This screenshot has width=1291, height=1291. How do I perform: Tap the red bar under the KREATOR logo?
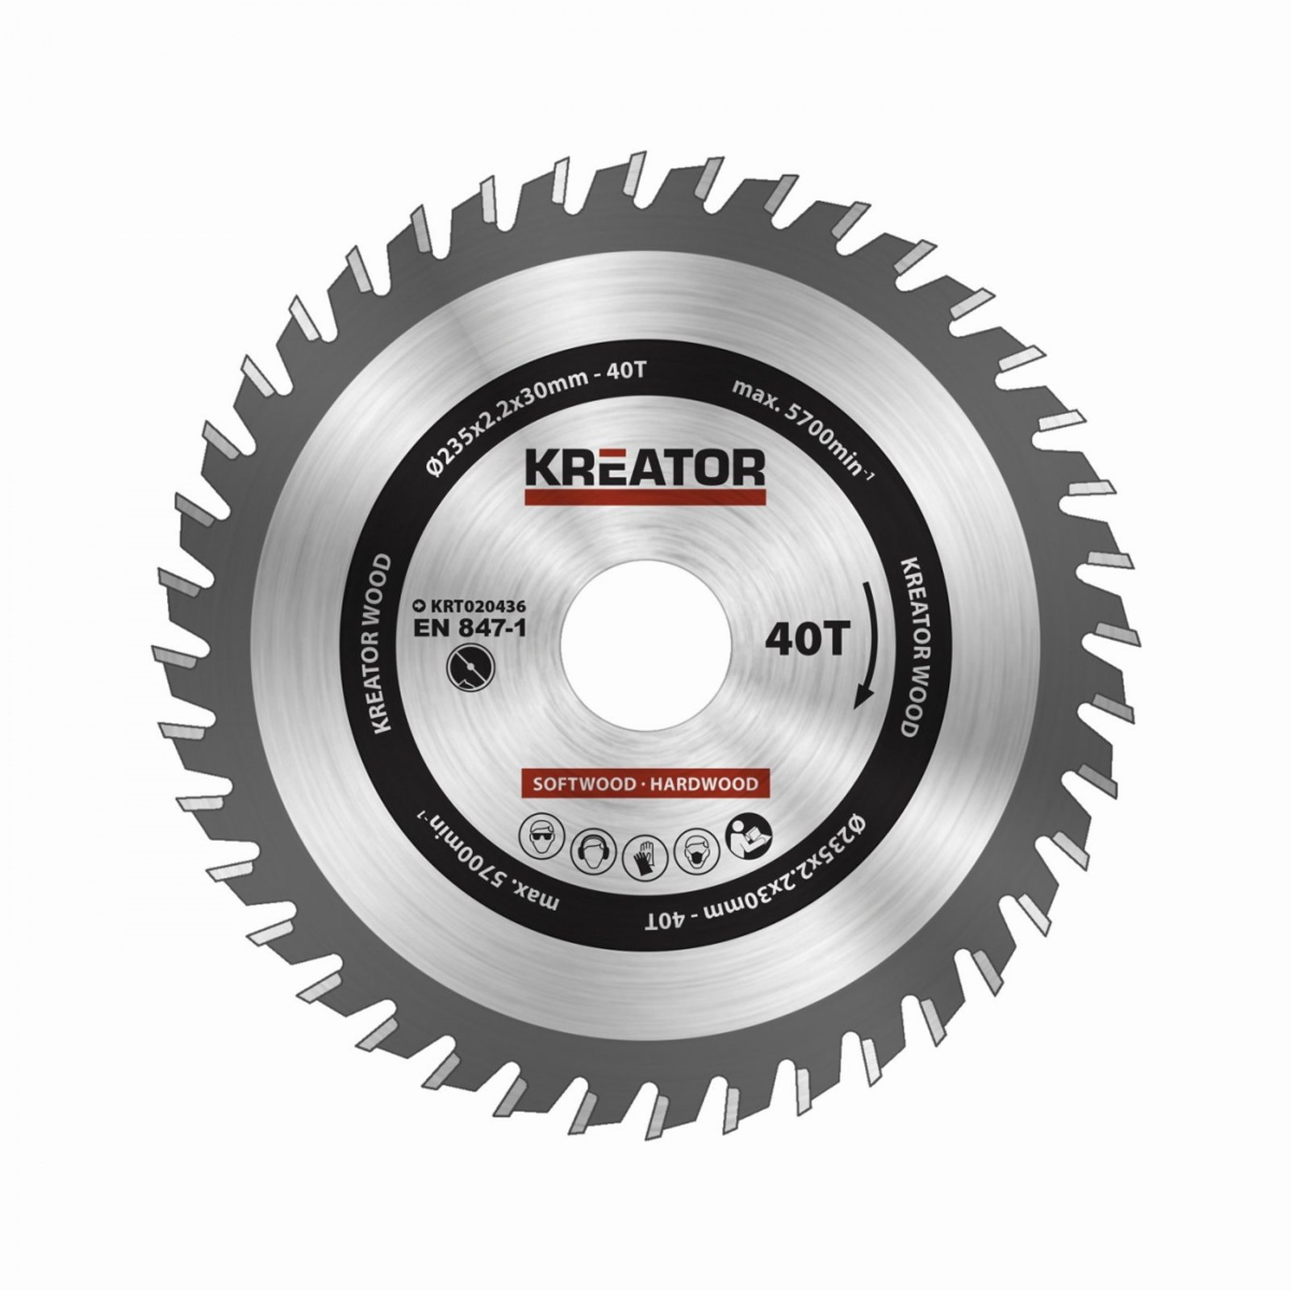pyautogui.click(x=645, y=499)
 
